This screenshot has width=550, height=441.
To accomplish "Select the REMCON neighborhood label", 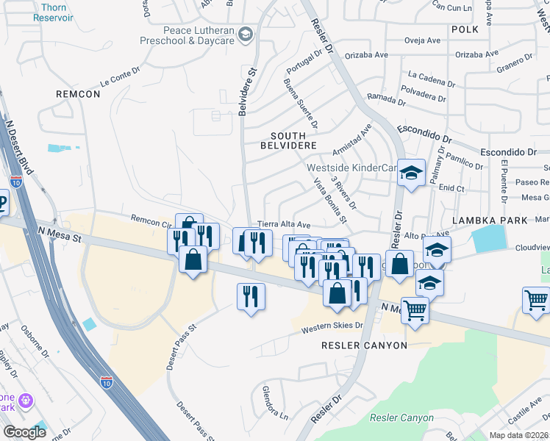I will [x=78, y=94].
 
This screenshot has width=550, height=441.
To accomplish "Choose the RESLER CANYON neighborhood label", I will [x=364, y=345].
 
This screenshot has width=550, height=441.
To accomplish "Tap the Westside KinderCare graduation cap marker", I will [x=412, y=173].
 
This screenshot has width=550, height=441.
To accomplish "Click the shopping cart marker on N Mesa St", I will [x=415, y=311].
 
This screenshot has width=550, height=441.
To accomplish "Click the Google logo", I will [x=25, y=432].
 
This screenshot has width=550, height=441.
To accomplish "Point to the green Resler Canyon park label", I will [x=401, y=417].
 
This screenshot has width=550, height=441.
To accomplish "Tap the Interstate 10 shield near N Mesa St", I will [x=16, y=181].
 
